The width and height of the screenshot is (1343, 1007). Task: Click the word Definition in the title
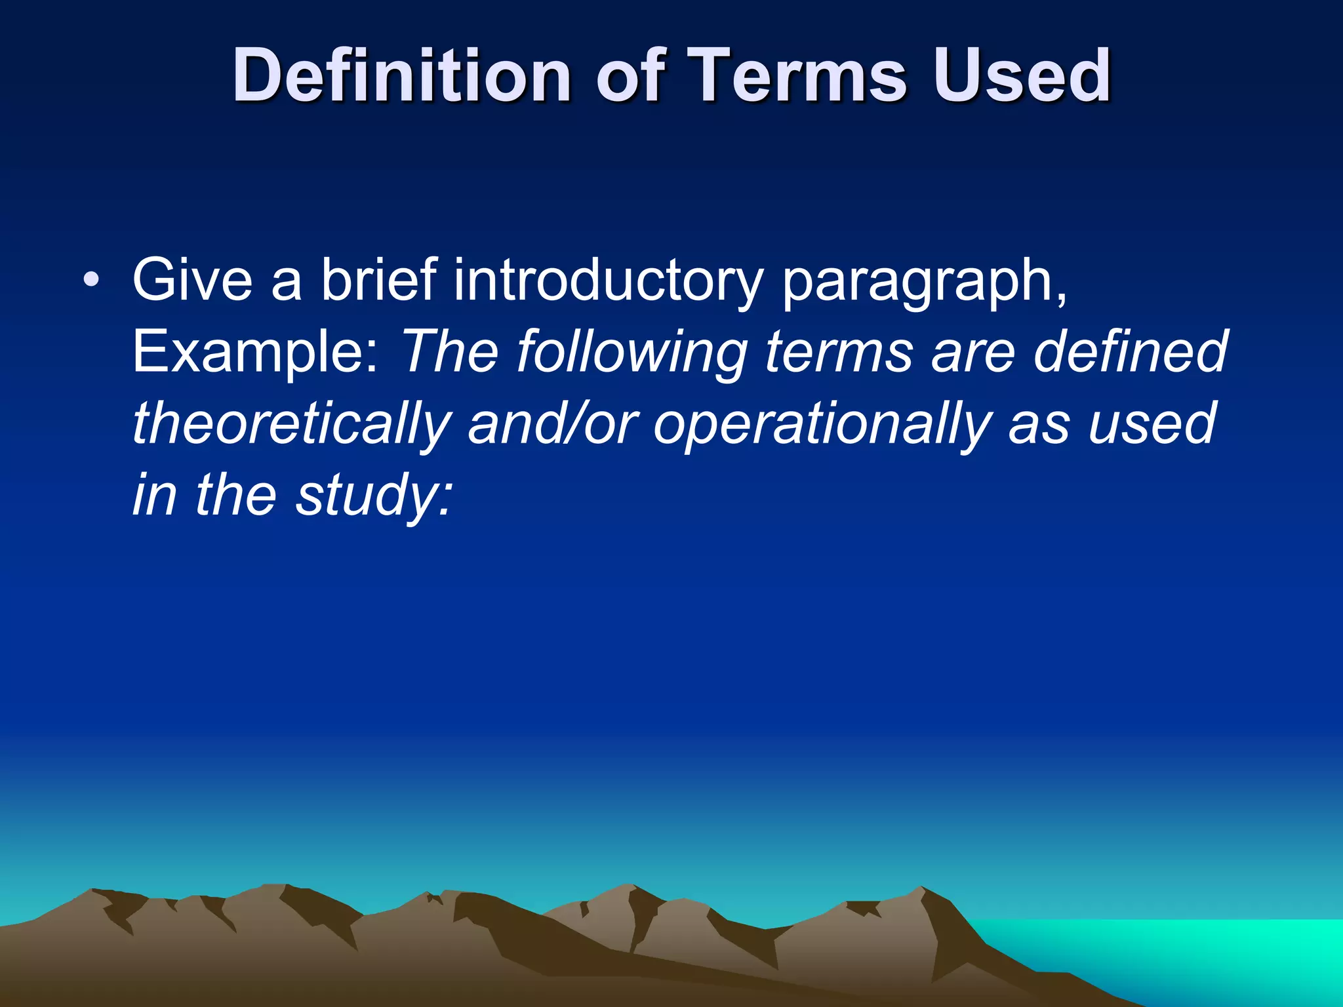pyautogui.click(x=401, y=76)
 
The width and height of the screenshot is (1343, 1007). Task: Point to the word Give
pyautogui.click(x=192, y=281)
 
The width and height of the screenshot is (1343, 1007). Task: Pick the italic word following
pyautogui.click(x=632, y=353)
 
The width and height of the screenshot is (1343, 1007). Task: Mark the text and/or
pyautogui.click(x=552, y=424)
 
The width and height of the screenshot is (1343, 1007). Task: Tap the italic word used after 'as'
pyautogui.click(x=1152, y=424)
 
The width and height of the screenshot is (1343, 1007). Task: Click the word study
pyautogui.click(x=372, y=496)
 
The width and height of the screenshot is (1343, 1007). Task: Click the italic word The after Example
pyautogui.click(x=450, y=352)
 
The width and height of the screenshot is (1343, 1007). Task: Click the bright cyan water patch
pyautogui.click(x=1213, y=951)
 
